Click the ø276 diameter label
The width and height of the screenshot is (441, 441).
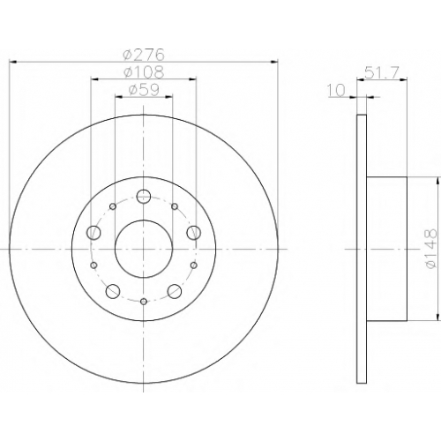click(144, 55)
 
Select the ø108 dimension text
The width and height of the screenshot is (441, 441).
click(144, 71)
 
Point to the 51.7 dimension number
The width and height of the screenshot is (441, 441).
click(381, 72)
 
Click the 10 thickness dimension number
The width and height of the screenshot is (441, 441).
click(335, 90)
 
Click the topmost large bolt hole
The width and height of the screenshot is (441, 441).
click(144, 196)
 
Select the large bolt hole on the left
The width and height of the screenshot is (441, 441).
click(93, 233)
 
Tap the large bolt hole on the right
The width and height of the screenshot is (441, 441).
click(193, 233)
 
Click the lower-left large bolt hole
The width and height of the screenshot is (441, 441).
click(113, 291)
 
